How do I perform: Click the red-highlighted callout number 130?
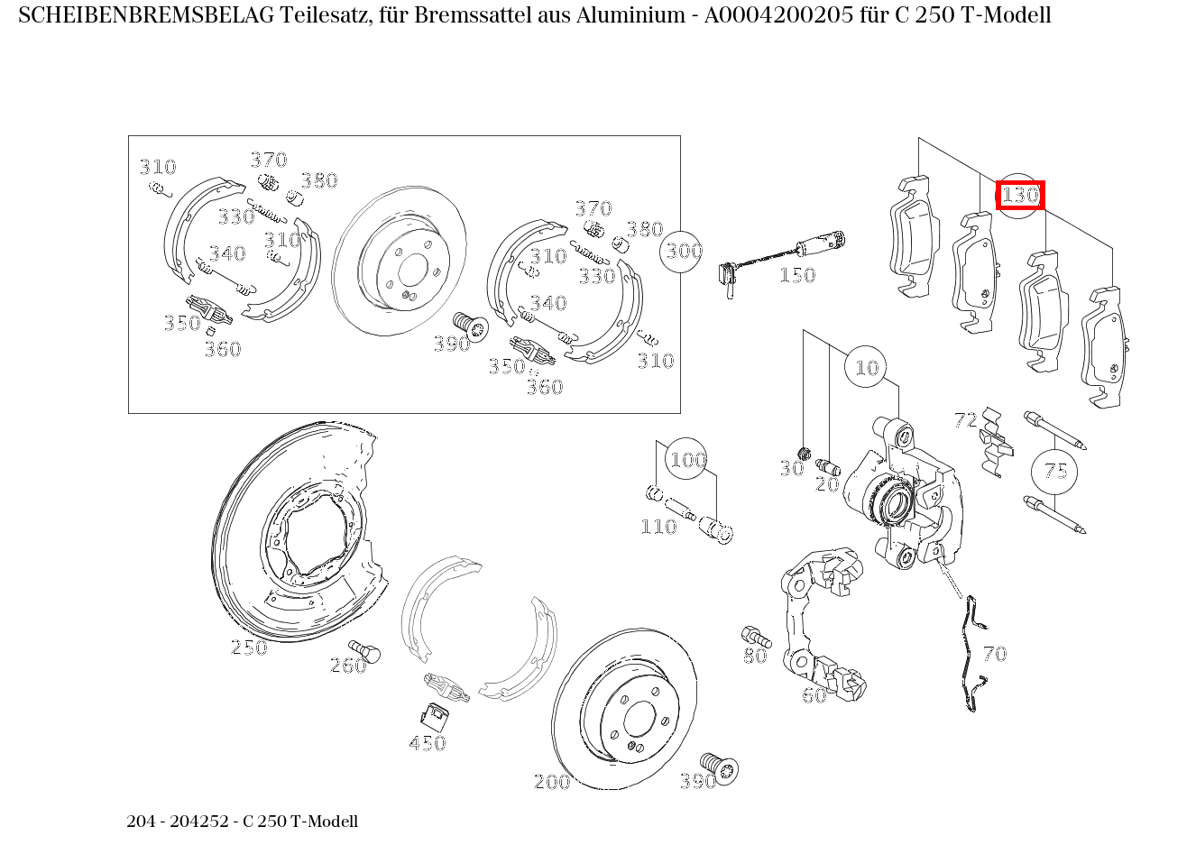pos(1020,195)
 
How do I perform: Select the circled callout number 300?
pos(683,251)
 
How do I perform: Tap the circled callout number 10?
pos(866,367)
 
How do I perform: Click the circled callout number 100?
pos(686,460)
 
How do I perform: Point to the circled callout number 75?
pos(1054,471)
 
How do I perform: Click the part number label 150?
pos(796,275)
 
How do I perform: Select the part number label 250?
pos(248,648)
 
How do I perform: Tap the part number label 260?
pos(347,666)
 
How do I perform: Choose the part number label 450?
pos(427,743)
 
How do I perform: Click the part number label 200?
pos(551,782)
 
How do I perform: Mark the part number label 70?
pos(994,654)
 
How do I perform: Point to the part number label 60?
pos(814,695)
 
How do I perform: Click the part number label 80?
pos(755,656)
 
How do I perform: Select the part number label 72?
pos(965,420)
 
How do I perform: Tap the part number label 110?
pos(658,527)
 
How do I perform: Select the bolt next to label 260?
pos(365,650)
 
